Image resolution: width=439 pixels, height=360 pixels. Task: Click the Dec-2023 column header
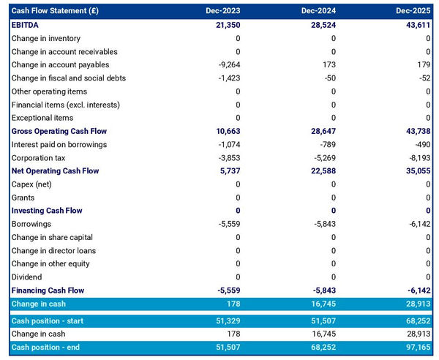coord(223,12)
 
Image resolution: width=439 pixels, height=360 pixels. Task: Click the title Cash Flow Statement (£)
coord(55,12)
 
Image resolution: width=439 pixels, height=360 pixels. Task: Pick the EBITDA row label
coord(26,25)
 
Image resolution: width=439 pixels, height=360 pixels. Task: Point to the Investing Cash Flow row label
coord(47,211)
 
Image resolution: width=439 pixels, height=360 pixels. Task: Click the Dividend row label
coord(27,277)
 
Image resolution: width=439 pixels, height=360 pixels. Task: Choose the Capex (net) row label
coord(33,184)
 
